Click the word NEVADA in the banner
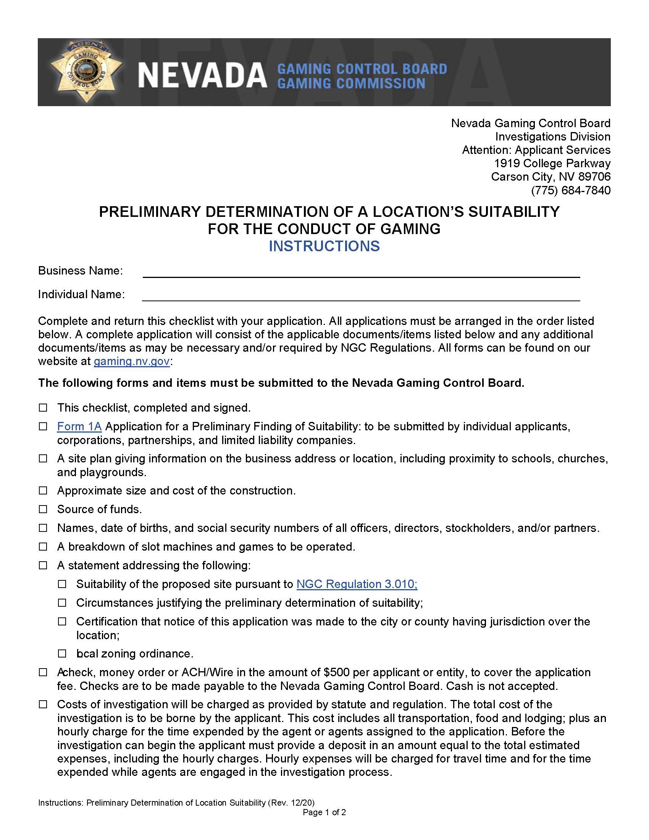[x=202, y=75]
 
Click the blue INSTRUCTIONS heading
[x=324, y=246]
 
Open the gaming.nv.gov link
[x=131, y=361]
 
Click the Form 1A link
[x=79, y=426]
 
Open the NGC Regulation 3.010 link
[x=357, y=584]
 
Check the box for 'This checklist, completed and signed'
[x=43, y=407]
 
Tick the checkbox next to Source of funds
[x=43, y=509]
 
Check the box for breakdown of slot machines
[x=43, y=546]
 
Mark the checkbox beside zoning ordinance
[x=62, y=653]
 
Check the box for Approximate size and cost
[x=43, y=490]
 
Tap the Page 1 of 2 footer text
[x=324, y=812]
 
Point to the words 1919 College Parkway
[x=552, y=163]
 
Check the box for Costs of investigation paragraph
[x=43, y=704]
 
